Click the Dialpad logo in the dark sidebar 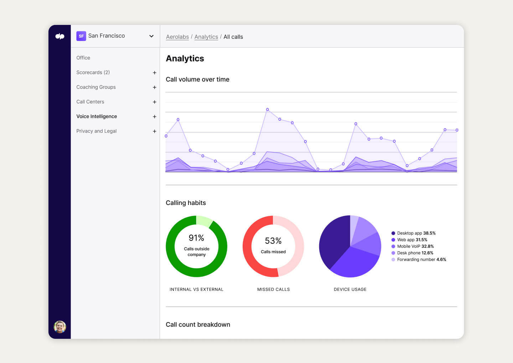60,36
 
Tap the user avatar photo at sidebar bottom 60,327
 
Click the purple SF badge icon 81,36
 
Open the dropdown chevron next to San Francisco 151,36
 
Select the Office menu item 83,58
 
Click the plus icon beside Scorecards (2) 155,73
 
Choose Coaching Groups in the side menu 96,87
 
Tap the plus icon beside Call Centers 155,102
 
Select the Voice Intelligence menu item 97,116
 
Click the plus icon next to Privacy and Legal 155,131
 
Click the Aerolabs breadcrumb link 177,37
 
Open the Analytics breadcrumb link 206,37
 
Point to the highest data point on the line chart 268,110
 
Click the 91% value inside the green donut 196,238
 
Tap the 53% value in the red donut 273,241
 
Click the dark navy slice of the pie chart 333,242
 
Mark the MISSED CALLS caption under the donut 274,289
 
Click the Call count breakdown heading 198,325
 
